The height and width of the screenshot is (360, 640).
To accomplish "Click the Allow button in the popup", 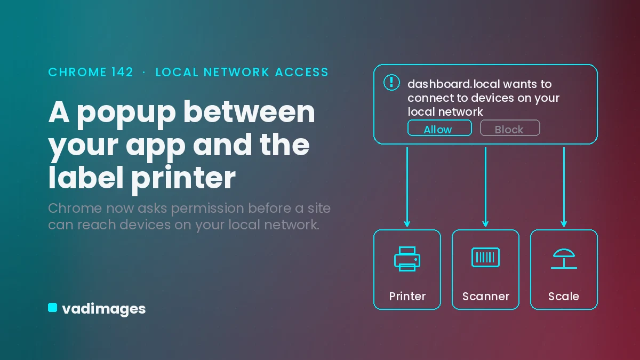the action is click(439, 127).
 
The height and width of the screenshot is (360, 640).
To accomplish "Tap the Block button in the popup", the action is click(510, 127).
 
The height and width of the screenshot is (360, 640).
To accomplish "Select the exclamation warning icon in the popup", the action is click(391, 82).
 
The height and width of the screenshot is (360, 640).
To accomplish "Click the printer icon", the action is click(407, 259).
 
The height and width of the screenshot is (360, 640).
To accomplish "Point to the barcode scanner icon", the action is click(485, 258).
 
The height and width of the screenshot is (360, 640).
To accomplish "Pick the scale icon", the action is click(564, 259).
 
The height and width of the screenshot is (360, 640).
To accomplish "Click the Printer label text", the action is click(407, 297).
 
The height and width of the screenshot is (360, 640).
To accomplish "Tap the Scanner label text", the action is click(486, 297).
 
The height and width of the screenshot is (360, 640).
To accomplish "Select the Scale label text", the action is click(563, 297).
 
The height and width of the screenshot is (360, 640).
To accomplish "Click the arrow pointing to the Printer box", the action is click(407, 187).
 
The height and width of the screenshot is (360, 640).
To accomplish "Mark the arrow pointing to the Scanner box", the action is click(485, 187).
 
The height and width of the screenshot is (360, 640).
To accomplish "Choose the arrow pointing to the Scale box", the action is click(564, 187).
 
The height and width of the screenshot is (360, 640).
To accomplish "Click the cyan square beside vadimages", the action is click(53, 308).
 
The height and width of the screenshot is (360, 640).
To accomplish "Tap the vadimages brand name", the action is click(103, 309).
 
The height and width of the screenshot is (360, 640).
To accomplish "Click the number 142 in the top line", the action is click(122, 72).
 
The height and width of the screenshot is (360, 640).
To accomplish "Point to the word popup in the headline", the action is click(126, 114).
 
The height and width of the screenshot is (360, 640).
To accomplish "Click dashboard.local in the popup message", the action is click(454, 84).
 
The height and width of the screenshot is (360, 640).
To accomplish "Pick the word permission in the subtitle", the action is click(207, 209).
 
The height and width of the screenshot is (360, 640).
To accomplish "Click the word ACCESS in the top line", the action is click(302, 72).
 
